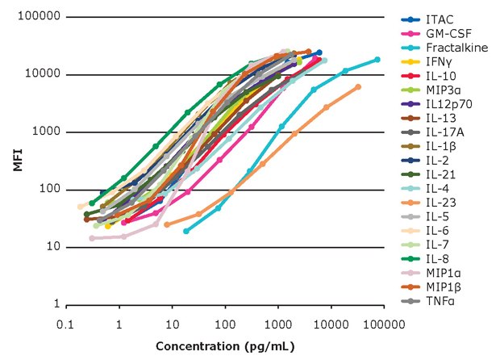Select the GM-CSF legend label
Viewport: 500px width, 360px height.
pos(446,34)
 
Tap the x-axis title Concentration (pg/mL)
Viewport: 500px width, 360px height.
pos(225,346)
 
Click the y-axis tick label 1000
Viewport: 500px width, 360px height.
pos(45,132)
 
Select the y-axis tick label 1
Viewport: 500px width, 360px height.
pos(56,304)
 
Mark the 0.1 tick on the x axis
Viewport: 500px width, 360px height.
pos(67,324)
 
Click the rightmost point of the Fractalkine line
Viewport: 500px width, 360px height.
pos(377,60)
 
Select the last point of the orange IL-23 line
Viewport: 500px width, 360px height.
pos(358,87)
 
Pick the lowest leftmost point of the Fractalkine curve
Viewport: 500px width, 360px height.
pos(186,231)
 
